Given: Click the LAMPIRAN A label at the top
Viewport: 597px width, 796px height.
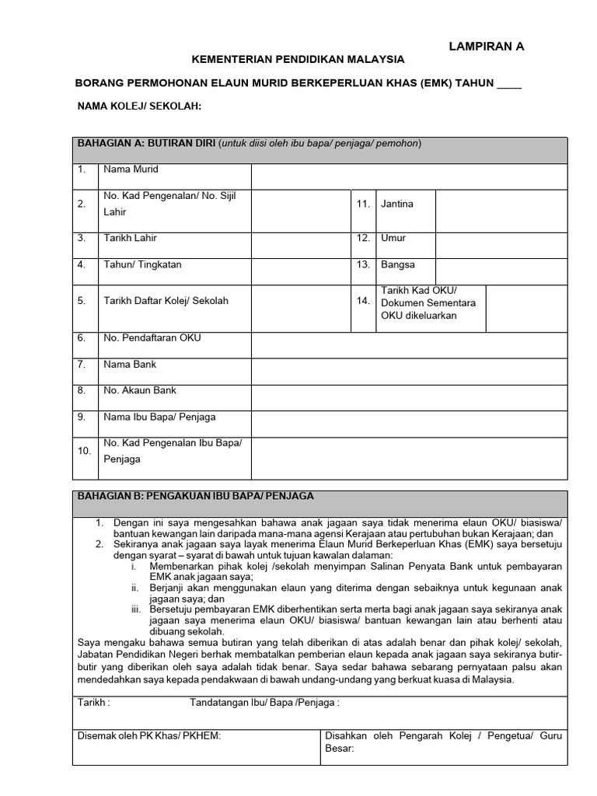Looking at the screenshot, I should click(x=487, y=47).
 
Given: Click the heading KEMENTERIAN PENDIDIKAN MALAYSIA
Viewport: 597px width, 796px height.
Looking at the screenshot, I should click(x=298, y=59).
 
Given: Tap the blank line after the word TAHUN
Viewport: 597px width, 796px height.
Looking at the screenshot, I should click(x=509, y=84).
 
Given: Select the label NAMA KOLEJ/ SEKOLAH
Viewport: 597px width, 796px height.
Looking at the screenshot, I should click(x=139, y=106).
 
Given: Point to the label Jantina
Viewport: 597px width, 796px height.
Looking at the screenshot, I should click(x=396, y=204).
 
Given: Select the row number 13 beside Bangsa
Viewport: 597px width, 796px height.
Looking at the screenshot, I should click(x=363, y=264).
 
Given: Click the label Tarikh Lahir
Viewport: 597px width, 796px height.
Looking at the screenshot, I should click(x=130, y=239).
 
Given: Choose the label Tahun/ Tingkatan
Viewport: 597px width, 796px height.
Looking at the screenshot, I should click(x=142, y=264).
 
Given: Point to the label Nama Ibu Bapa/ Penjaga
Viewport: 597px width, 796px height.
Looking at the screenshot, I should click(x=159, y=417).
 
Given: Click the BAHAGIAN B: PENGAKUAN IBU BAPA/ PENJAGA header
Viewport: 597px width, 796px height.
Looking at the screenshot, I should click(x=195, y=496).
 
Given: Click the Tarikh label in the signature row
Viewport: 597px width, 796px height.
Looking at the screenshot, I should click(x=93, y=703).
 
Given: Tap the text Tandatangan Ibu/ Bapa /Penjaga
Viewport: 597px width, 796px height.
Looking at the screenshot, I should click(x=265, y=703).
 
